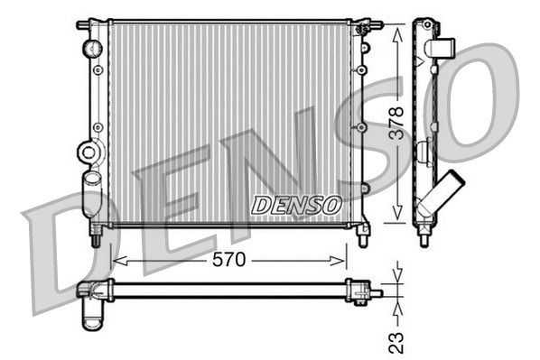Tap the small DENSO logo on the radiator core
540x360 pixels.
[x=295, y=205]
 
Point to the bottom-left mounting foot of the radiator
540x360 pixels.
[x=96, y=235]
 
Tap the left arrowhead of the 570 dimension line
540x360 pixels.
[x=115, y=261]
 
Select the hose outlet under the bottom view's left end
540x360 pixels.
[x=93, y=311]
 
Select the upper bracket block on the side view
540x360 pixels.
[x=440, y=49]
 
